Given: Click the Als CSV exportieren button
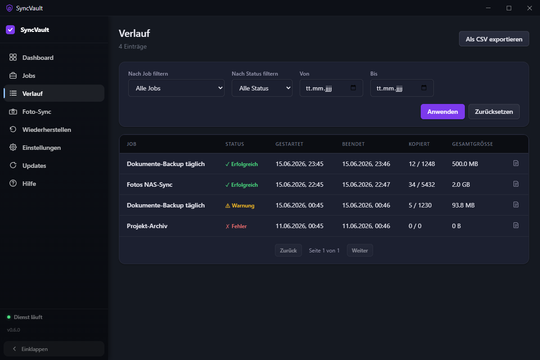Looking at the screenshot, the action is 494,39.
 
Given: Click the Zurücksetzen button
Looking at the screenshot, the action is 494,112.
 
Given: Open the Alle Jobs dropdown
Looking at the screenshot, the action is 176,88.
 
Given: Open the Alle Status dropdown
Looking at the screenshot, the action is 262,88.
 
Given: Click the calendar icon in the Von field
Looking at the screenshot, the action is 353,88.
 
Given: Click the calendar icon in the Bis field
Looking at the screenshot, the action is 424,88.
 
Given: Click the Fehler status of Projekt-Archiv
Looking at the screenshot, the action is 236,226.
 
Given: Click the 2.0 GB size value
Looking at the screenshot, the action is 461,184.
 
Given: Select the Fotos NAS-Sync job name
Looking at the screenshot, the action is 149,184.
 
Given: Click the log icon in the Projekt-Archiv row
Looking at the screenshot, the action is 516,225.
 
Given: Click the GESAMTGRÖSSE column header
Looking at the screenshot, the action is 472,144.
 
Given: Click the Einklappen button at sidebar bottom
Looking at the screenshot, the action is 54,349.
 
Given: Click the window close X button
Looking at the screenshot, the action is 529,8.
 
